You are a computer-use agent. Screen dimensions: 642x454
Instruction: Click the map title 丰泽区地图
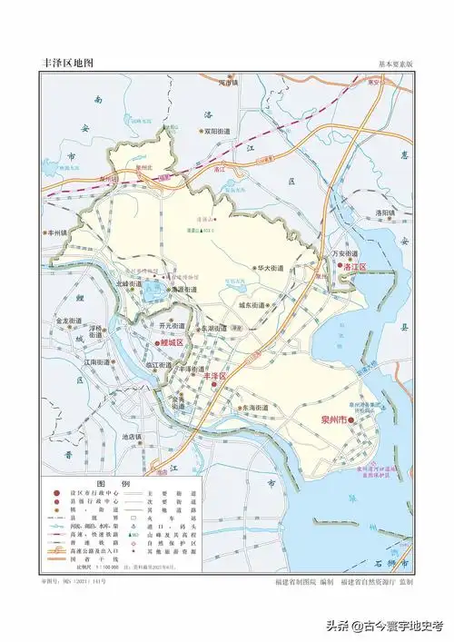point(68,64)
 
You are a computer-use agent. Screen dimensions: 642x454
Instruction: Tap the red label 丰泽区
point(214,375)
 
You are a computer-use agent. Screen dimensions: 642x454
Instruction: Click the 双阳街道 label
point(222,131)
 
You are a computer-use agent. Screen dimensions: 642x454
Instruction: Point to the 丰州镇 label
point(61,233)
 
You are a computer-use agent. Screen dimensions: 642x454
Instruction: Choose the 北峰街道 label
point(129,284)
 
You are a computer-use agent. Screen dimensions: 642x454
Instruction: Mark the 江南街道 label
point(96,362)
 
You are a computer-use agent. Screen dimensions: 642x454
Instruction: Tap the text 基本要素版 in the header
point(396,65)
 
